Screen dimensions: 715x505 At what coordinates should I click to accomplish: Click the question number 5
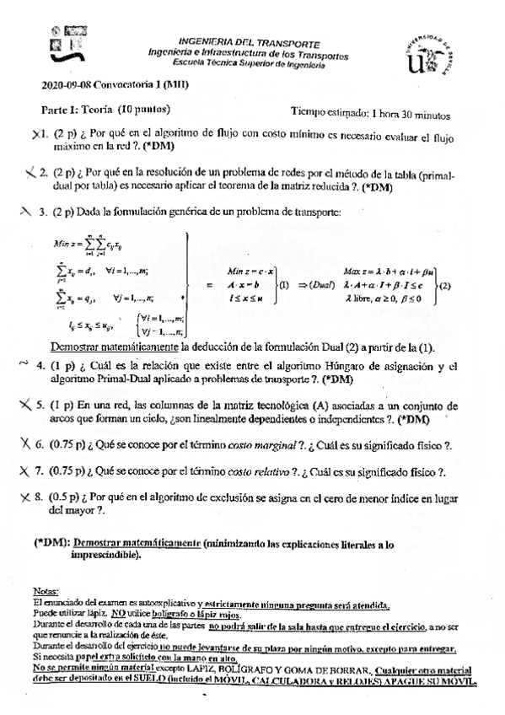40,404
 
